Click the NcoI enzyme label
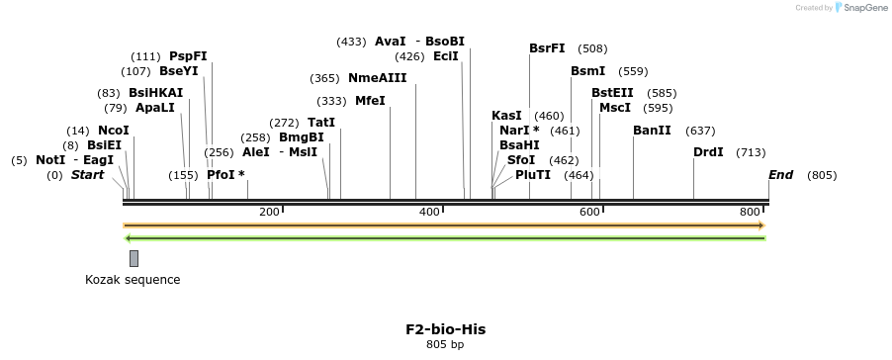pos(113,131)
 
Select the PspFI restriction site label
pos(188,56)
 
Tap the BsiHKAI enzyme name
pos(155,93)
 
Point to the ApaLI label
pos(154,108)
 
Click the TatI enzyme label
pos(321,123)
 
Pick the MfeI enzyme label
pos(370,101)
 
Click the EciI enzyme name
pos(445,56)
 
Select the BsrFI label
pos(547,48)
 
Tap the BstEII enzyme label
pos(612,93)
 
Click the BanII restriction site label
pos(652,131)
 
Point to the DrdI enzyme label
pos(708,152)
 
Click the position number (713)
pos(751,152)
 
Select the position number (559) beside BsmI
pos(633,71)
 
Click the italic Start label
pos(87,175)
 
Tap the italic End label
pos(780,175)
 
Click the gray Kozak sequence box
pos(134,258)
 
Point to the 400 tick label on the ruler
pos(429,213)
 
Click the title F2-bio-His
pos(445,329)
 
